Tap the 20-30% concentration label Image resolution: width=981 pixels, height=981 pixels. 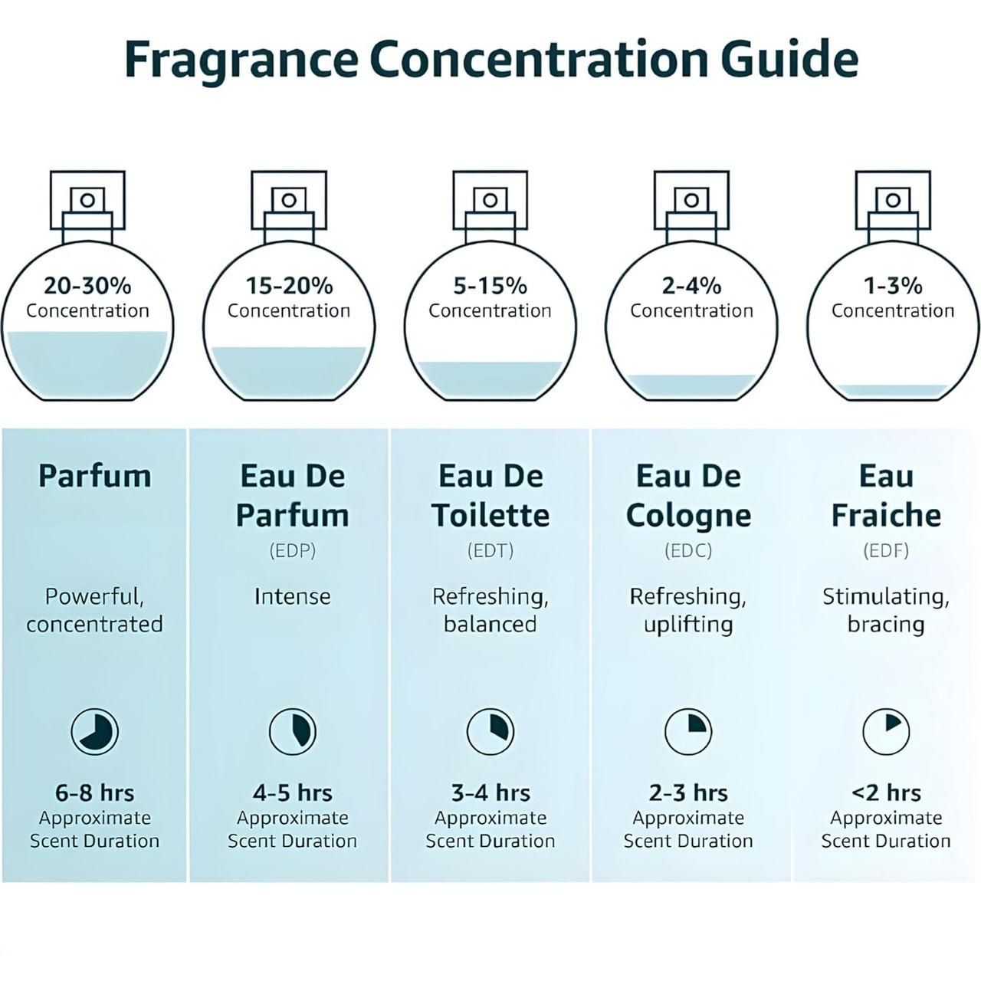point(87,286)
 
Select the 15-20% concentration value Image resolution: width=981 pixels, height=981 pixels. point(289,286)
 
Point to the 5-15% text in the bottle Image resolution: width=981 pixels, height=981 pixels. point(490,286)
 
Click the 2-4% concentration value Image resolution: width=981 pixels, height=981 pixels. point(691,286)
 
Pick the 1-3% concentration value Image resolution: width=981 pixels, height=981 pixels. point(893,286)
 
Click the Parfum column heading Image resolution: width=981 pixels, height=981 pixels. point(94,476)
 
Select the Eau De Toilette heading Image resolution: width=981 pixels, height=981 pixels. point(490,495)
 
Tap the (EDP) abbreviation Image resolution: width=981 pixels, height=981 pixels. point(292,550)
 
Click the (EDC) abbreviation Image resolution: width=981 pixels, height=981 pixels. point(688,550)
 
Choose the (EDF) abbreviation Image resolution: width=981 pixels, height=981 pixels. point(886,550)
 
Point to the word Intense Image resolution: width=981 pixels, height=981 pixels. point(292,596)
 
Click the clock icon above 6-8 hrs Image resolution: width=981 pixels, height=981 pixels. point(95,731)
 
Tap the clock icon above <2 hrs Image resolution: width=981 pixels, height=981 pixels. point(886,731)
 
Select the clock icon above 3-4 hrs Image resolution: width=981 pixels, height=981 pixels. point(490,731)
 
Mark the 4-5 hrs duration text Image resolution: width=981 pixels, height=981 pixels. point(292,792)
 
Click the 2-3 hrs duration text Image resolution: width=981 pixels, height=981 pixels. point(688,792)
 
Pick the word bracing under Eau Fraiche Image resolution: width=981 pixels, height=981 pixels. point(886,624)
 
